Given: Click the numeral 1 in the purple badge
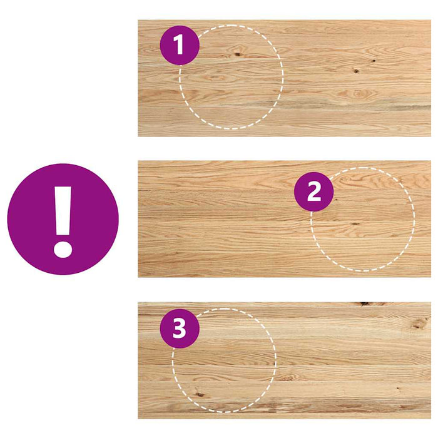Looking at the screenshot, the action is (x=179, y=44).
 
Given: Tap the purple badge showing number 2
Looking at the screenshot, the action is (x=313, y=191).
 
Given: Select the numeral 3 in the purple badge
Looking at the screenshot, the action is (x=179, y=328).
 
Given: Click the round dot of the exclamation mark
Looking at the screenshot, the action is (x=63, y=250).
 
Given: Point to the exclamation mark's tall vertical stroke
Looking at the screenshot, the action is (x=63, y=211).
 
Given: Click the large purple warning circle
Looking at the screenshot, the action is (x=63, y=219).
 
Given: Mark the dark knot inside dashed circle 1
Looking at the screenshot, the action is (x=238, y=54).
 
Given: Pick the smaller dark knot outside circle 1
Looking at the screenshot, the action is (x=373, y=61).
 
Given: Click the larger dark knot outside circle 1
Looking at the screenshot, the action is (x=356, y=71).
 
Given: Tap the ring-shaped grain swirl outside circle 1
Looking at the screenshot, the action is (x=359, y=94).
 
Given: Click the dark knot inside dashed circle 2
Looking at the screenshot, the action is (x=355, y=224).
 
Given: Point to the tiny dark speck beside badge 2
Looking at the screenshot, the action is (x=336, y=200).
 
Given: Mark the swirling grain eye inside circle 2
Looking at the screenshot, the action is (x=347, y=179).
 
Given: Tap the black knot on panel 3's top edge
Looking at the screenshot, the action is (x=364, y=303).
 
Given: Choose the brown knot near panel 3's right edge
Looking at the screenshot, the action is (x=418, y=323).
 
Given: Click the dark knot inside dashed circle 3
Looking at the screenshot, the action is (x=200, y=394).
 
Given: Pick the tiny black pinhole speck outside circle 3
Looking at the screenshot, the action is (x=398, y=388).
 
